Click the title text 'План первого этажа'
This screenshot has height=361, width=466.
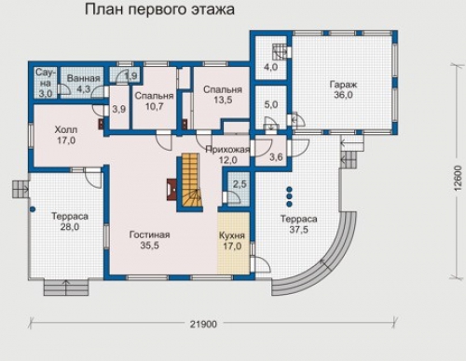click(x=159, y=10)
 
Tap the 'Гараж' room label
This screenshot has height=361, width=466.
click(x=343, y=85)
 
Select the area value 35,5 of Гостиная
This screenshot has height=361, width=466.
click(x=149, y=246)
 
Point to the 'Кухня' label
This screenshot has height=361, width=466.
click(x=232, y=235)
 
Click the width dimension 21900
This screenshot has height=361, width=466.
click(x=204, y=325)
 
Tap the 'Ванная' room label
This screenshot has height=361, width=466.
click(x=84, y=78)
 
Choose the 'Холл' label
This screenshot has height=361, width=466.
click(x=66, y=129)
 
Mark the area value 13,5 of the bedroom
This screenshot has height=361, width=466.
click(x=223, y=100)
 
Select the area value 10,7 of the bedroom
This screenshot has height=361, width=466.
click(x=155, y=106)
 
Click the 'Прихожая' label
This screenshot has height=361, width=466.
click(x=227, y=150)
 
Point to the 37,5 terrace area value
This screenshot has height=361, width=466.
click(x=299, y=230)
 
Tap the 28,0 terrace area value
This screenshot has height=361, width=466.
click(x=70, y=227)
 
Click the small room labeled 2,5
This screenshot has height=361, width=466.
click(x=239, y=188)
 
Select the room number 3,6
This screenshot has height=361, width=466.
click(x=276, y=157)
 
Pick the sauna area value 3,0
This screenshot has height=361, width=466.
click(x=46, y=93)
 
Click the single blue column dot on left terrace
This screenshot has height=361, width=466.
click(x=33, y=209)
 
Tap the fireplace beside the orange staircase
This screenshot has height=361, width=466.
click(x=172, y=189)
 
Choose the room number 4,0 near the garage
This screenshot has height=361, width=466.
click(x=270, y=67)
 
